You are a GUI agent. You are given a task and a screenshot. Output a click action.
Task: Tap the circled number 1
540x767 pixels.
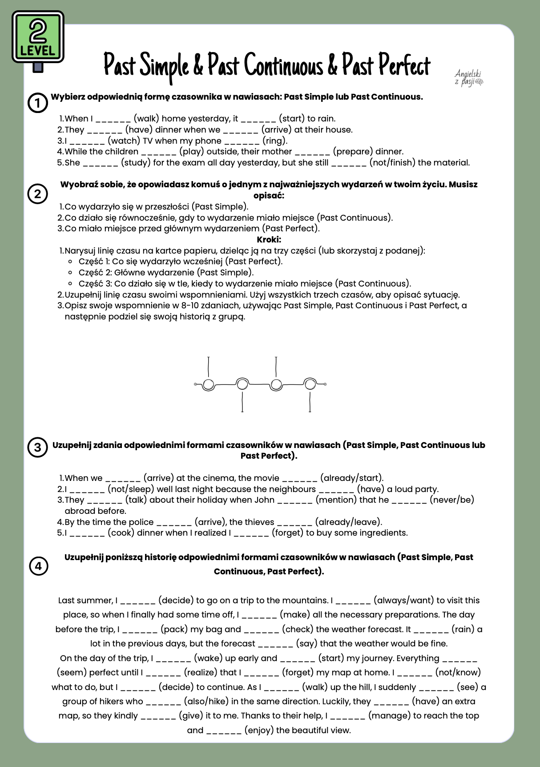pyautogui.click(x=38, y=103)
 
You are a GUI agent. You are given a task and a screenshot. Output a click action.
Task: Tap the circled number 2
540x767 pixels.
pyautogui.click(x=38, y=194)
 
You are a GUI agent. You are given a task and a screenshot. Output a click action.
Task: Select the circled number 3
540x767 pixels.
pyautogui.click(x=38, y=447)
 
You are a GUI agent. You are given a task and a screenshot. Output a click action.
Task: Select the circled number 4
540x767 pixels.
pyautogui.click(x=38, y=566)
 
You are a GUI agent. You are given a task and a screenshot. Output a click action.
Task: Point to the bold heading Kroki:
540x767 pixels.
pyautogui.click(x=269, y=239)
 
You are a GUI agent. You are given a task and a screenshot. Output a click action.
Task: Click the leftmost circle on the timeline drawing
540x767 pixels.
pyautogui.click(x=208, y=384)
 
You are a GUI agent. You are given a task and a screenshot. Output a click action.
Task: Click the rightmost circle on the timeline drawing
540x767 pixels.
pyautogui.click(x=310, y=384)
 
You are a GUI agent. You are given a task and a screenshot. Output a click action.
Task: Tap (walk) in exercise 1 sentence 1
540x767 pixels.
pyautogui.click(x=146, y=118)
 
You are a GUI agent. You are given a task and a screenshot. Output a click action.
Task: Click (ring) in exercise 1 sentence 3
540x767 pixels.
pyautogui.click(x=274, y=141)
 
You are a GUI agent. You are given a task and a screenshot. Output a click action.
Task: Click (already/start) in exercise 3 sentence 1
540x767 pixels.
pyautogui.click(x=351, y=478)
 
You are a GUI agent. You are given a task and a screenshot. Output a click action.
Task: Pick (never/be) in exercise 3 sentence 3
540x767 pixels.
pyautogui.click(x=451, y=500)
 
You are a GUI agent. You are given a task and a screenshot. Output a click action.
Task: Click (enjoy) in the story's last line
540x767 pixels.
pyautogui.click(x=259, y=730)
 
